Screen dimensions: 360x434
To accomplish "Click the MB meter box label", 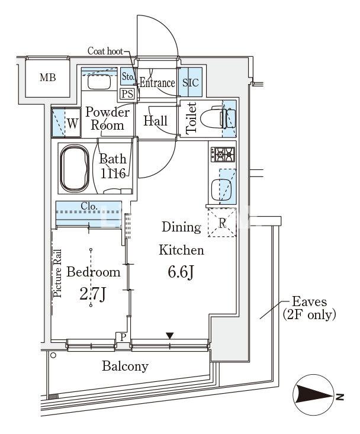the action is click(x=47, y=77).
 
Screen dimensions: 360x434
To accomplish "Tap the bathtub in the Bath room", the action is click(x=75, y=168).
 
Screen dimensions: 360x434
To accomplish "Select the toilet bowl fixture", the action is click(x=218, y=118).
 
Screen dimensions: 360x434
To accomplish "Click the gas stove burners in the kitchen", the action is click(x=223, y=154).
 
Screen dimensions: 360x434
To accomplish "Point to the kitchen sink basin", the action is click(x=222, y=189).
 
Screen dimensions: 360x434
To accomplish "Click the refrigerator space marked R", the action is click(x=222, y=223).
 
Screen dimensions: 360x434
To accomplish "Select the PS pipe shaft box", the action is click(x=127, y=94).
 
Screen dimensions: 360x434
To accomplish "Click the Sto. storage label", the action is click(x=128, y=76).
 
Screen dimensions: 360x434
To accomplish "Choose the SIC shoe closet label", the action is click(x=191, y=82).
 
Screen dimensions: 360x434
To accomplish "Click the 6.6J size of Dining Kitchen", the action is click(x=181, y=272).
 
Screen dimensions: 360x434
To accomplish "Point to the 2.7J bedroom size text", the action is click(x=92, y=294).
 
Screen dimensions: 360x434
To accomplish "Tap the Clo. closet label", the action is click(x=89, y=206).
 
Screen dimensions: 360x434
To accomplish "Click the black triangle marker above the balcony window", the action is click(x=169, y=336).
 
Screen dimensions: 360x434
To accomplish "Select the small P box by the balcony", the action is click(x=123, y=337).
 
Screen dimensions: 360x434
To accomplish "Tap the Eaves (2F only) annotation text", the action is click(x=309, y=308).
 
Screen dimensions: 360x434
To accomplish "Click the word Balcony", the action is click(x=125, y=367).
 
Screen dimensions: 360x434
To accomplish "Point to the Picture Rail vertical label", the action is click(x=57, y=273).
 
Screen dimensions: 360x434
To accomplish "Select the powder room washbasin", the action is click(x=99, y=82).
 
